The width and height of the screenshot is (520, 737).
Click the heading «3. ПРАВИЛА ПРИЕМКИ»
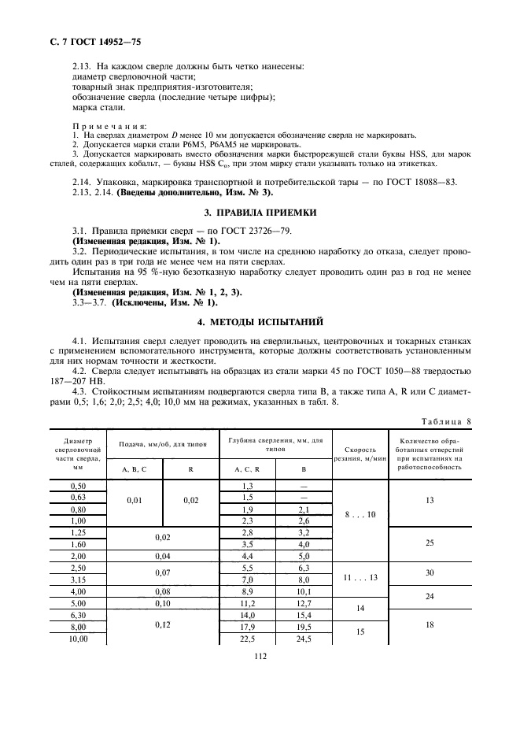260,213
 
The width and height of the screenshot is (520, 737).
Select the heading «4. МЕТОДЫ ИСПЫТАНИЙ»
260,322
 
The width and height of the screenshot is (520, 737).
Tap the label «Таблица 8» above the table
443,420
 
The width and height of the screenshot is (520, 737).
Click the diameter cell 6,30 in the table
77,614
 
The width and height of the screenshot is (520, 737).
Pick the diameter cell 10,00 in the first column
77,639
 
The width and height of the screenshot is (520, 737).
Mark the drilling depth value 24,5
304,639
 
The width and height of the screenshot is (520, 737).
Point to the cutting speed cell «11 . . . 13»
360,576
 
